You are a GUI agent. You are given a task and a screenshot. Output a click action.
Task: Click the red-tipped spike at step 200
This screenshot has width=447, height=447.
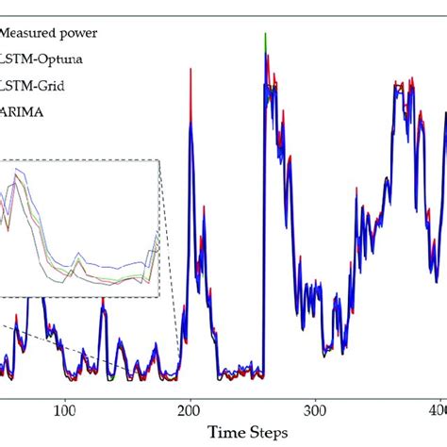tap(191, 71)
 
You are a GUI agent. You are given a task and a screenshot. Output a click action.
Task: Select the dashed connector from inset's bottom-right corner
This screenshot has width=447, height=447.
tap(170, 325)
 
